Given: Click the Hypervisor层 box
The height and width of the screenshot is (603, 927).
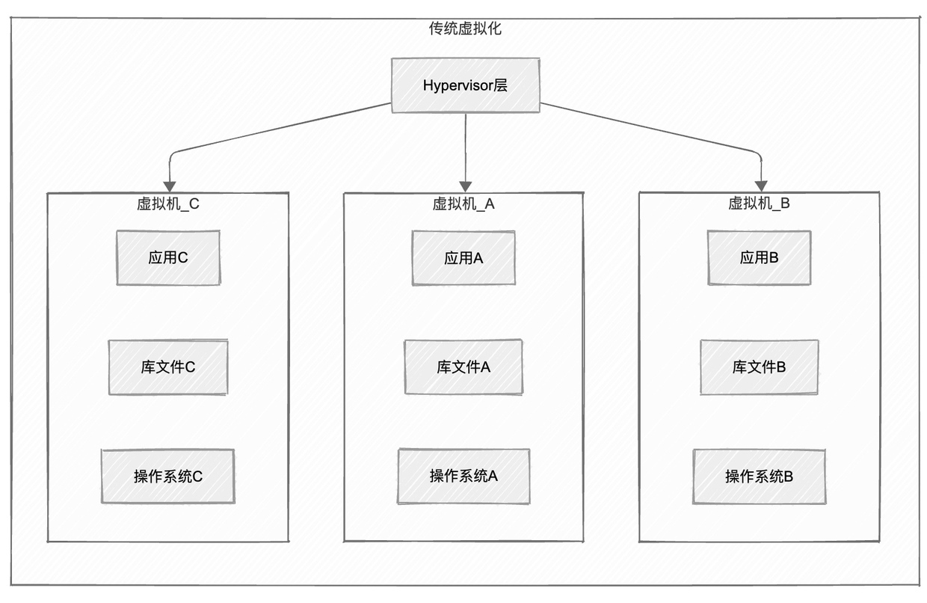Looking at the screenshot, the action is (x=466, y=85).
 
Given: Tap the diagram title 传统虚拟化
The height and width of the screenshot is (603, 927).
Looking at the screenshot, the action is (x=465, y=28).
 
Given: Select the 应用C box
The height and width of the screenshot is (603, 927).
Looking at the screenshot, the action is (x=168, y=257).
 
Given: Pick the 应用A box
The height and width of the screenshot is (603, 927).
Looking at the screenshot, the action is (x=463, y=258).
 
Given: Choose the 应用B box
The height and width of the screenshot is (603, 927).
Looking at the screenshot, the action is (x=759, y=257).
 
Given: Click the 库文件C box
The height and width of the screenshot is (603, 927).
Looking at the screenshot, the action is (x=168, y=367).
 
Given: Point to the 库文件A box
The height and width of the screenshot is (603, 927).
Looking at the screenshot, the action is (x=463, y=367).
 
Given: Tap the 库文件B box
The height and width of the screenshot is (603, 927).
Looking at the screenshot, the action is (x=759, y=367).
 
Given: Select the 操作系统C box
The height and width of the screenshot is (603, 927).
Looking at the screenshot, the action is (x=168, y=477).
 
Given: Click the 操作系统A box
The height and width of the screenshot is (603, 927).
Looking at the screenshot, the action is (x=463, y=477).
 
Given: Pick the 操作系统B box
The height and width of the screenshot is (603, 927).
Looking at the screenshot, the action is (x=759, y=477).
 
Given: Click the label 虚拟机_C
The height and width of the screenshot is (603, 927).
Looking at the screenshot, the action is (x=168, y=203).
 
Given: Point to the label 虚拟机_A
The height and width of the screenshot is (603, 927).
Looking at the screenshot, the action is (x=463, y=203).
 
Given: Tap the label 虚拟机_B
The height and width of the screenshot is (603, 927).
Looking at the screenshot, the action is (x=759, y=203).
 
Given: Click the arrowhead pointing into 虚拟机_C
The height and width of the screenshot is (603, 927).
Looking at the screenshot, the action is (x=170, y=186).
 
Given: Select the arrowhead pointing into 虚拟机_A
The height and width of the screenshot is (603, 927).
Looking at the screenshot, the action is (x=466, y=186).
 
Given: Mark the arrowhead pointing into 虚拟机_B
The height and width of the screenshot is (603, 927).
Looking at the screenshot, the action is (x=761, y=186).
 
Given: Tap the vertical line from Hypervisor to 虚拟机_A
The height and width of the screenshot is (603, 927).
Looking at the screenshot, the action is (x=466, y=147).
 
